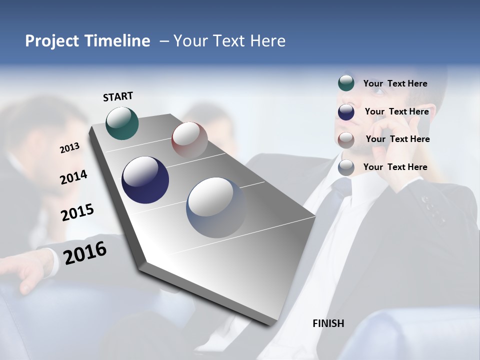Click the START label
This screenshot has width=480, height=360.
point(118,96)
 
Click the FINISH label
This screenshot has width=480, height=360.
point(328,323)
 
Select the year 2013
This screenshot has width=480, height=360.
point(69,148)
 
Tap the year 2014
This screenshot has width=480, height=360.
point(73,177)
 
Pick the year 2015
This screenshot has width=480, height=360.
point(77,212)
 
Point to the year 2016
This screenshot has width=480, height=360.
point(85,253)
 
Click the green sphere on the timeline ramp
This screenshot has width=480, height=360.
point(122,123)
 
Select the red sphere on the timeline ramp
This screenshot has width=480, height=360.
point(189,139)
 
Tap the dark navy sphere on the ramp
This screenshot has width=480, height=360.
point(145,180)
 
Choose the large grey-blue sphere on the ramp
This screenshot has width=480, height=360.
point(216,207)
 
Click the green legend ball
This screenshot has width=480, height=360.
point(346,83)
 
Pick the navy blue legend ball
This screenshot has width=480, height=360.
point(346,111)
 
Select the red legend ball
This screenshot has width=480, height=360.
point(346,139)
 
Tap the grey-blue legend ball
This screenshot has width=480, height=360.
point(346,167)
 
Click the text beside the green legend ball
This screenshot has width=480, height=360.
point(395,83)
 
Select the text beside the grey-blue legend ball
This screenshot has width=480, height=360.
point(395,167)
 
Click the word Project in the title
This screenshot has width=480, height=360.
point(52,41)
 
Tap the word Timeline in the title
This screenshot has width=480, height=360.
point(118,41)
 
